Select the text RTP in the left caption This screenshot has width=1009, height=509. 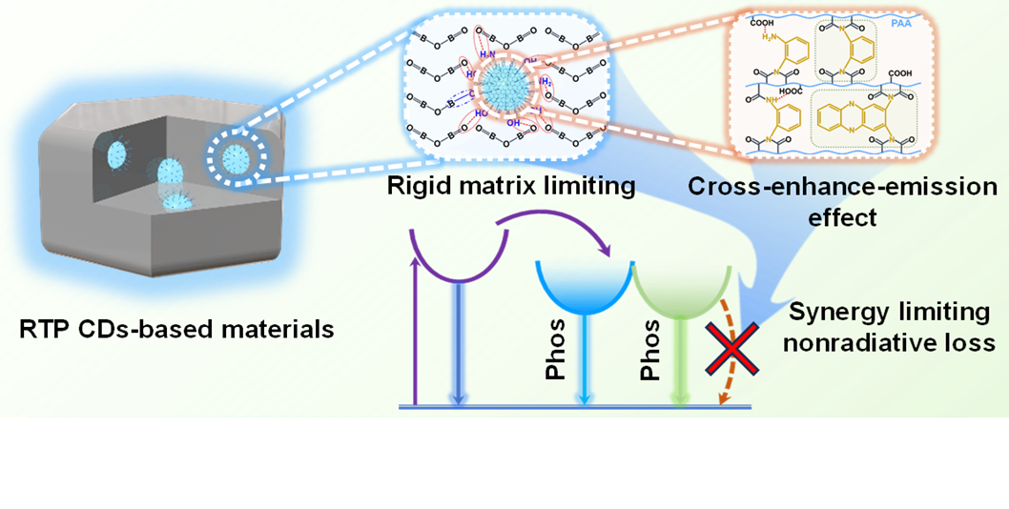(x=41, y=330)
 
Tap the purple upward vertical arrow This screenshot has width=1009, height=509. (x=413, y=334)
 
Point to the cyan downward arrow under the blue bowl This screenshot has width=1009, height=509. (x=586, y=367)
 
